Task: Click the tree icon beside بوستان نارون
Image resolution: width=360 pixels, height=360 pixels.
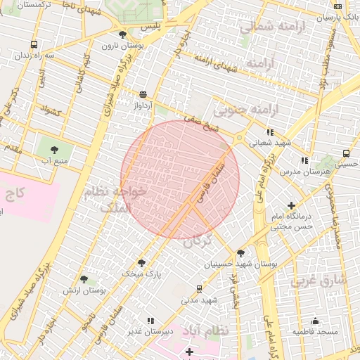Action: coord(122,34)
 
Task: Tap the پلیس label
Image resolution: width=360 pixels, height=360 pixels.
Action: coord(150,27)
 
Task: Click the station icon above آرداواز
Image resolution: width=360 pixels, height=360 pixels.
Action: coord(143,94)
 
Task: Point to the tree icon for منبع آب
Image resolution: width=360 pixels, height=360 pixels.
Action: coord(54,148)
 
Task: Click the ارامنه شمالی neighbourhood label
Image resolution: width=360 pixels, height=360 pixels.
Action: coord(266,27)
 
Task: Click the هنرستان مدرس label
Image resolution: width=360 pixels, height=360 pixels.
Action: coord(304,172)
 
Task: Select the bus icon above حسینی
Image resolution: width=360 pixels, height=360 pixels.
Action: coord(347,153)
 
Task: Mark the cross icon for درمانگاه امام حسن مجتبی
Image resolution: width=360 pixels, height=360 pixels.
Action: coord(292,206)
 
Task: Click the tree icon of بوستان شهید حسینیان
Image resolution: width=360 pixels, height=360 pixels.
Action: coord(241,253)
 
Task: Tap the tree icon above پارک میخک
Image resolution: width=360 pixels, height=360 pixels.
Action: coord(141,262)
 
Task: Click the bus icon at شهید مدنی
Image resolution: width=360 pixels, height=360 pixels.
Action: coord(199,288)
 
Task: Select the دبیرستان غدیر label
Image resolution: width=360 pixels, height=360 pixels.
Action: coord(150,331)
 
